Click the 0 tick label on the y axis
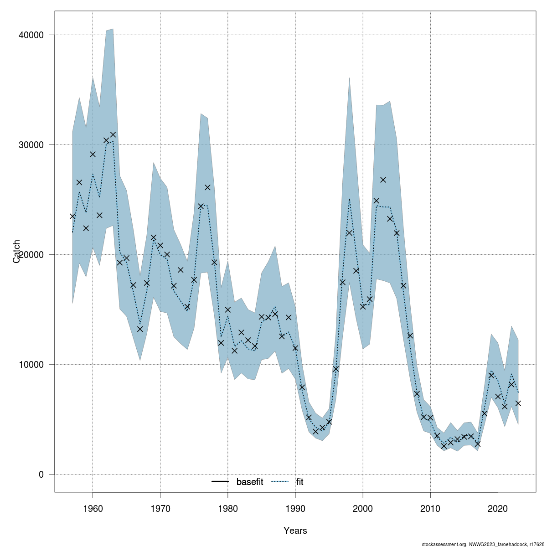click(x=41, y=475)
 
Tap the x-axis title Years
click(x=295, y=531)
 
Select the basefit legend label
click(x=250, y=482)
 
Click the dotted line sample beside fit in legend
click(x=280, y=482)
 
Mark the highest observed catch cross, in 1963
click(x=113, y=134)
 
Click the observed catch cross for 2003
click(x=383, y=180)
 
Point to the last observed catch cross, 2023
click(x=518, y=403)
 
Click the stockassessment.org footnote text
click(x=483, y=544)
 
